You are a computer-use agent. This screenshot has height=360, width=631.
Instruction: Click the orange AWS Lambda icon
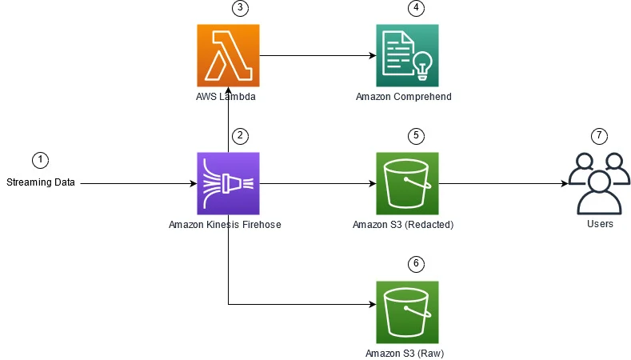228,55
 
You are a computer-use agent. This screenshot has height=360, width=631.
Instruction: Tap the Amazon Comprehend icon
407,55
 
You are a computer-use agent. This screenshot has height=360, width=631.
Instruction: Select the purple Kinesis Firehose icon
228,183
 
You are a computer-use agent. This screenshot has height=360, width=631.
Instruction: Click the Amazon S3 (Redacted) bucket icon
407,183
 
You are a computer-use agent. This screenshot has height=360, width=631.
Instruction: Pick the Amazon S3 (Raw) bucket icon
407,312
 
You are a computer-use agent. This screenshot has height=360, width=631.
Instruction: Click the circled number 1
40,159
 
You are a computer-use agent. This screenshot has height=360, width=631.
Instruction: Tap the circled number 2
238,136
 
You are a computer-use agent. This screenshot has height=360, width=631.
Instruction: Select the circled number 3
238,8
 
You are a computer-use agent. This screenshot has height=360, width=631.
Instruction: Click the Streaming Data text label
41,182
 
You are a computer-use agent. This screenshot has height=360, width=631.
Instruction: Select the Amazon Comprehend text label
404,97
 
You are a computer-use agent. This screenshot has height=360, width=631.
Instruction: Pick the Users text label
599,224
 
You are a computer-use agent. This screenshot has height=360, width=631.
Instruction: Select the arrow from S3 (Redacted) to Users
503,183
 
